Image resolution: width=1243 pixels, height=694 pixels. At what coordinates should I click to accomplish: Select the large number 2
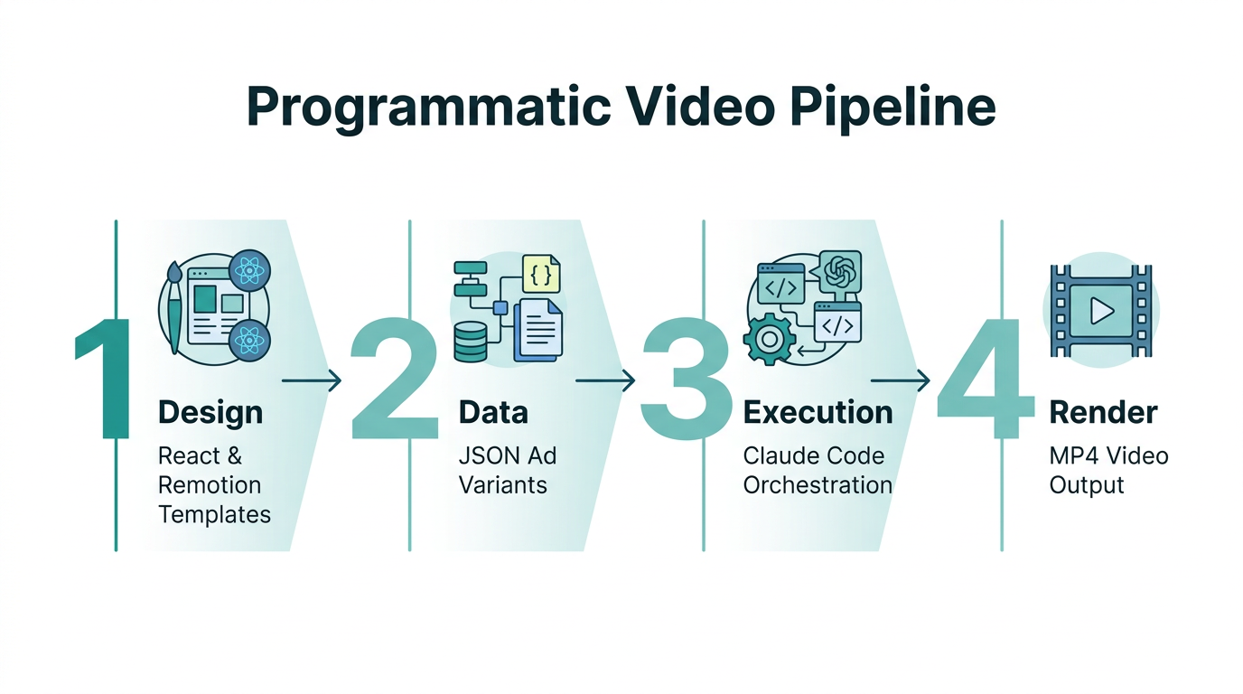click(393, 380)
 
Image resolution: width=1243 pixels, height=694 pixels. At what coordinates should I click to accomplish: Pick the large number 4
click(984, 380)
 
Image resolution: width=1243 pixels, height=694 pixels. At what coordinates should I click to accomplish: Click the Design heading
click(210, 412)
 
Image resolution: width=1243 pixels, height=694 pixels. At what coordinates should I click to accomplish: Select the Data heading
click(493, 412)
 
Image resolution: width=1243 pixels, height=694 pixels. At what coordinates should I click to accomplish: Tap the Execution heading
click(818, 412)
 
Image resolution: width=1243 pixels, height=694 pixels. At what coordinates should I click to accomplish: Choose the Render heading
click(1103, 412)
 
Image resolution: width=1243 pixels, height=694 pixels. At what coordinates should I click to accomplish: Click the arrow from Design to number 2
click(312, 381)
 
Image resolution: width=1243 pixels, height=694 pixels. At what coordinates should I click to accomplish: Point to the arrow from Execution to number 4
click(900, 381)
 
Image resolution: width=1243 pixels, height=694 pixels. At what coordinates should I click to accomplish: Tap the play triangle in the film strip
click(1101, 311)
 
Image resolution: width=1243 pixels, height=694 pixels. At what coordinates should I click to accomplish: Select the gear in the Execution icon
click(768, 339)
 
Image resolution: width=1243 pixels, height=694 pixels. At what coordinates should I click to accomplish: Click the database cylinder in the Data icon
click(470, 341)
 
